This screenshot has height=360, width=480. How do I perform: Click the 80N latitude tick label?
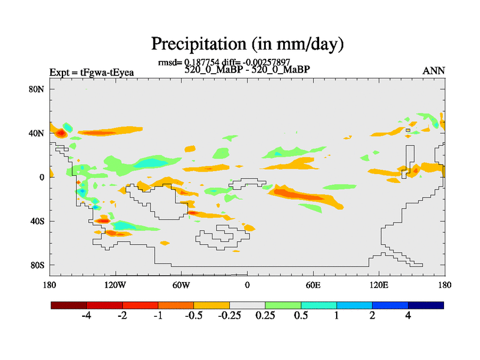pyautogui.click(x=38, y=89)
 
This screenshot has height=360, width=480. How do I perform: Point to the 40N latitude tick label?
pyautogui.click(x=38, y=133)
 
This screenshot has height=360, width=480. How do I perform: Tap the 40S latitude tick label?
pyautogui.click(x=38, y=221)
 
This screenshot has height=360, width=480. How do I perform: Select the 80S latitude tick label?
pyautogui.click(x=38, y=265)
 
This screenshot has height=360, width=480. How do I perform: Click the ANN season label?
pyautogui.click(x=433, y=71)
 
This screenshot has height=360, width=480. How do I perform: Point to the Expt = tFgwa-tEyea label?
pyautogui.click(x=91, y=73)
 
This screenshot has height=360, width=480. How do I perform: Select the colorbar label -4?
pyautogui.click(x=86, y=316)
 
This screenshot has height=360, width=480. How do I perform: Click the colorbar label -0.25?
pyautogui.click(x=229, y=316)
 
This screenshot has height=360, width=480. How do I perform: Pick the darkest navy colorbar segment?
pyautogui.click(x=426, y=305)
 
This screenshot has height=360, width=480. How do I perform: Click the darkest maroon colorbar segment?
pyautogui.click(x=68, y=305)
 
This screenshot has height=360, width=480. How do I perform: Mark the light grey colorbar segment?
pyautogui.click(x=247, y=305)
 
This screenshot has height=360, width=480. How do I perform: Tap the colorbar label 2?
pyautogui.click(x=373, y=316)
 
